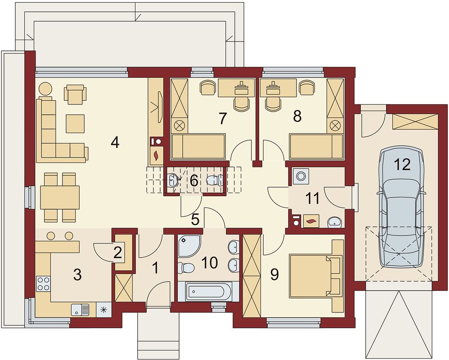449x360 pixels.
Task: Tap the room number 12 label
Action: (402, 165)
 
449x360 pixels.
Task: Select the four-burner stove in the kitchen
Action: (43, 283)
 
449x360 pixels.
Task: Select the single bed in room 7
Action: (198, 146)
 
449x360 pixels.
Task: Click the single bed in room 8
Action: (316, 146)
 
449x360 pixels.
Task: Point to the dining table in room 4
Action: (60, 197)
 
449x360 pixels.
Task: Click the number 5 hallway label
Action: (195, 220)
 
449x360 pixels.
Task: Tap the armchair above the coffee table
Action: (75, 94)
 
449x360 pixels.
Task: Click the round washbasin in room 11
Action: (334, 222)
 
